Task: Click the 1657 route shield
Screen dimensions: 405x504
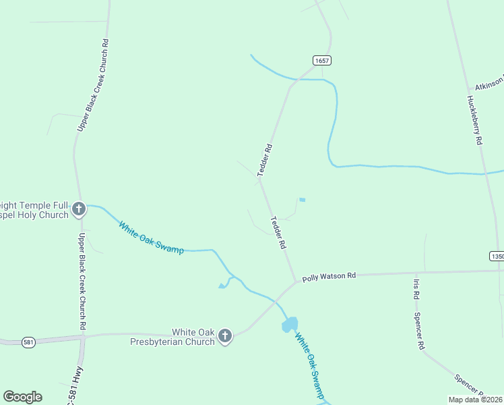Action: click(321, 60)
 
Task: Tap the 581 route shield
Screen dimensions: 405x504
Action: click(28, 342)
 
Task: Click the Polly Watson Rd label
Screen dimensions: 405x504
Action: click(328, 276)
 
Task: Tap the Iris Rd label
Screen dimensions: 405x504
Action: click(416, 288)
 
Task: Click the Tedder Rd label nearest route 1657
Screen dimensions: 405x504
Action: click(264, 160)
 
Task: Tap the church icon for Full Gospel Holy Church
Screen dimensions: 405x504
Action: click(79, 209)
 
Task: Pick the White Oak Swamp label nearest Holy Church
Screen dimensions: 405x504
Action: click(151, 238)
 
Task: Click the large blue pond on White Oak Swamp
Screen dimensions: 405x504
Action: click(290, 325)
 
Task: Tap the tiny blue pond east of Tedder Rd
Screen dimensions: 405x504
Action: click(302, 200)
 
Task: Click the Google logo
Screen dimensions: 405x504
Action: click(22, 397)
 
